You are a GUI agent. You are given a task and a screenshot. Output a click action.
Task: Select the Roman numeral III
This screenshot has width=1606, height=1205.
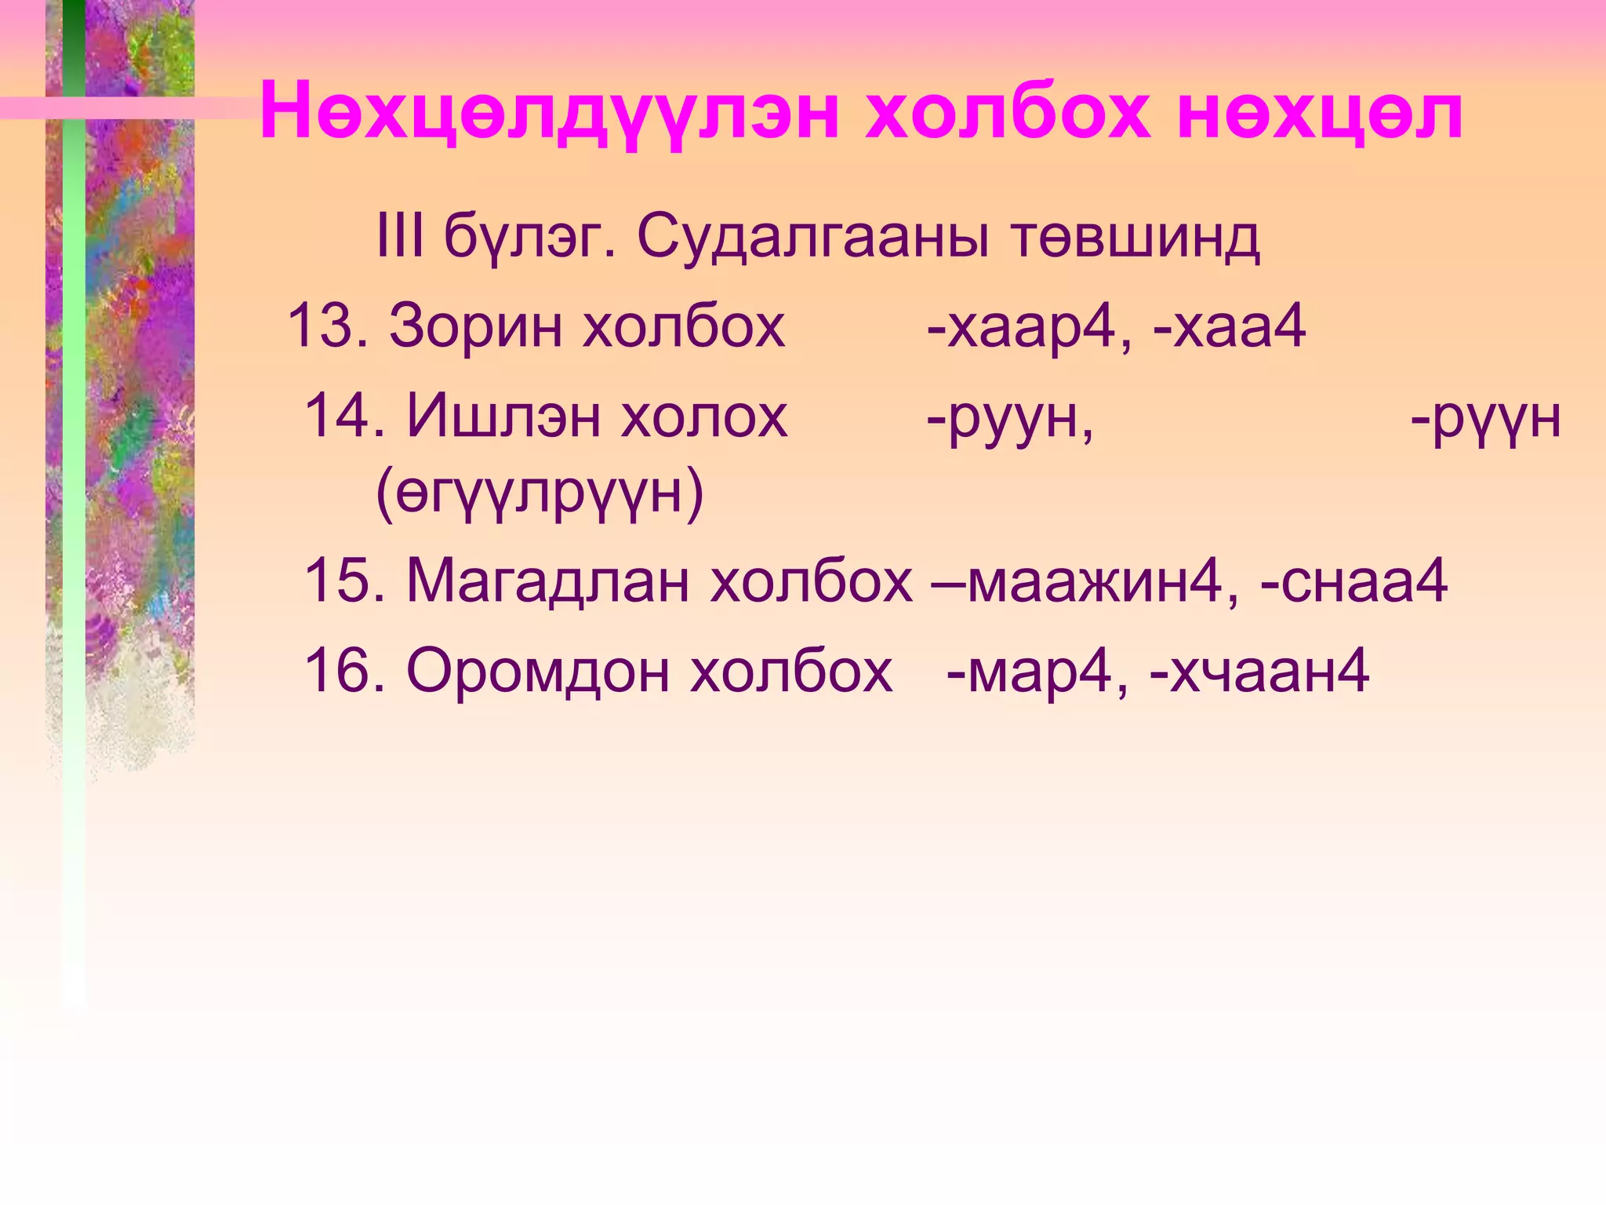coord(400,237)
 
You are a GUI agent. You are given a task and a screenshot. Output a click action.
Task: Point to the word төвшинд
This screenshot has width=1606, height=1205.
coord(1135,238)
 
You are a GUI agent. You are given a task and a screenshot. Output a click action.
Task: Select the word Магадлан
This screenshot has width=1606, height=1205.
coord(548,582)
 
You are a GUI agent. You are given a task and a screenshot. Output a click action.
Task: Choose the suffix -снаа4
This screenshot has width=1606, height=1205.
coord(1353,582)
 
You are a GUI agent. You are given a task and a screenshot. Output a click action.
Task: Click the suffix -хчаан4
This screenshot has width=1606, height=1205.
coord(1259,672)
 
